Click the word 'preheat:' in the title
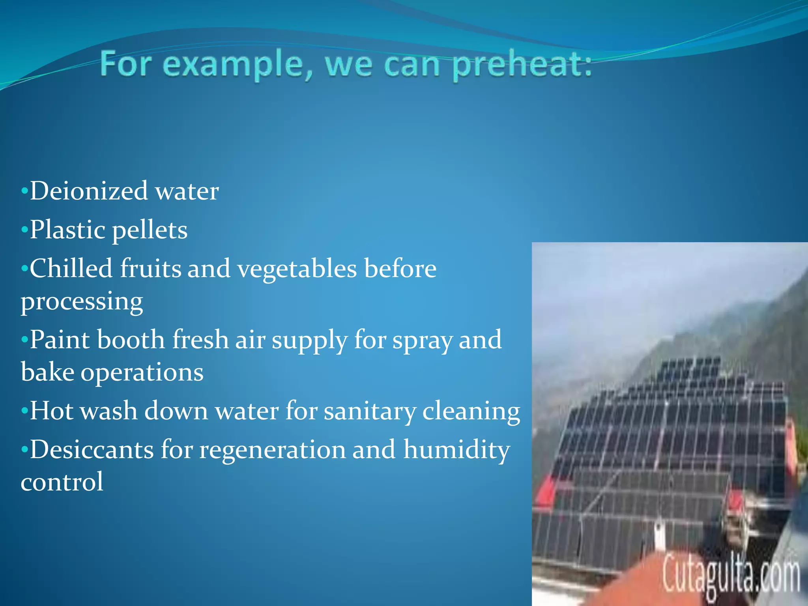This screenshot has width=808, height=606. tap(522, 65)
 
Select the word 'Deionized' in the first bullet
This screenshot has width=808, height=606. tap(89, 191)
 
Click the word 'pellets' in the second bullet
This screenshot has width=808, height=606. tap(150, 230)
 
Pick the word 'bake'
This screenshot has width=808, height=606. tap(47, 372)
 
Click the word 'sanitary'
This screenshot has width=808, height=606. tap(370, 411)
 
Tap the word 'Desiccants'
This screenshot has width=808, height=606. tap(92, 450)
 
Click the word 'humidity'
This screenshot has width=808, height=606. tap(456, 450)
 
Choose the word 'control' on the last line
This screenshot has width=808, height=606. tap(62, 482)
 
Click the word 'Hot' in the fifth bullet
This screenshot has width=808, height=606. tap(52, 411)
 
